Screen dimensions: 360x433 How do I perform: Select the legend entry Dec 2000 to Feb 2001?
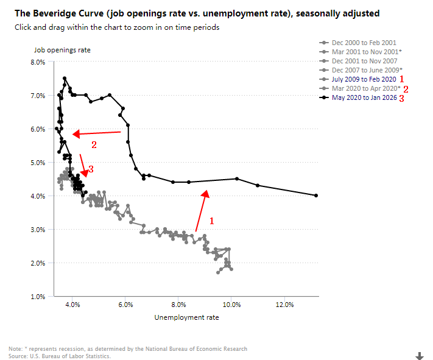364,43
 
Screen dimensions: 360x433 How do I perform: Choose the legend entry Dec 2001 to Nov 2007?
364,61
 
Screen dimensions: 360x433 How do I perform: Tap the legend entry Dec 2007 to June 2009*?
367,70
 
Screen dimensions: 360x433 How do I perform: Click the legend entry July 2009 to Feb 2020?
364,79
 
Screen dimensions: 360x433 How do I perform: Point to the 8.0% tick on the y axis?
37,62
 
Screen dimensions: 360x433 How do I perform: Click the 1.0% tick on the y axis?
37,297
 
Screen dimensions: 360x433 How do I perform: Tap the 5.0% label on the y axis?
37,163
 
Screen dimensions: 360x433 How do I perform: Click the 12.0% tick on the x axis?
284,305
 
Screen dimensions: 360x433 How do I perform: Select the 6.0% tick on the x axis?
125,305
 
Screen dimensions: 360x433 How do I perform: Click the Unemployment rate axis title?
186,317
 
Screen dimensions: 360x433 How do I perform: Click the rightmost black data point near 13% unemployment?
317,196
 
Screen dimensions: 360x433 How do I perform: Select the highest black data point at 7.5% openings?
65,79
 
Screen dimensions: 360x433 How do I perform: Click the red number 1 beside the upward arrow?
211,221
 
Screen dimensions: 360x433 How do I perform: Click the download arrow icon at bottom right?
420,355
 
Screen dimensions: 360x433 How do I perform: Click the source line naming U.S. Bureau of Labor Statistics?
60,356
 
